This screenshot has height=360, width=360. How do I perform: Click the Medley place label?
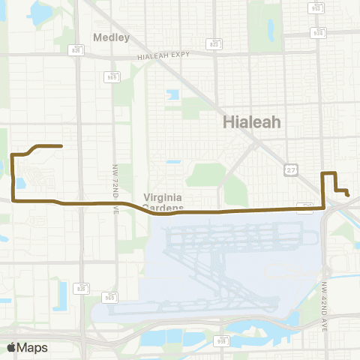112,37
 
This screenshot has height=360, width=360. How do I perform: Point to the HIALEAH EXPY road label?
164,55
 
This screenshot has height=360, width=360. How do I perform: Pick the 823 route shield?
215,44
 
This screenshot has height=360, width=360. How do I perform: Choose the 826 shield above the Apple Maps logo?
82,286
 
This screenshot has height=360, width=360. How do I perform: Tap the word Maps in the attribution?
32,347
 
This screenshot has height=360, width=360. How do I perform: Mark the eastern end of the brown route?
349,196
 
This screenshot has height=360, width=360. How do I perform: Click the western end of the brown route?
61,145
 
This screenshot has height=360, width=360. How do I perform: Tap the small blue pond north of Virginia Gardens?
173,161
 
